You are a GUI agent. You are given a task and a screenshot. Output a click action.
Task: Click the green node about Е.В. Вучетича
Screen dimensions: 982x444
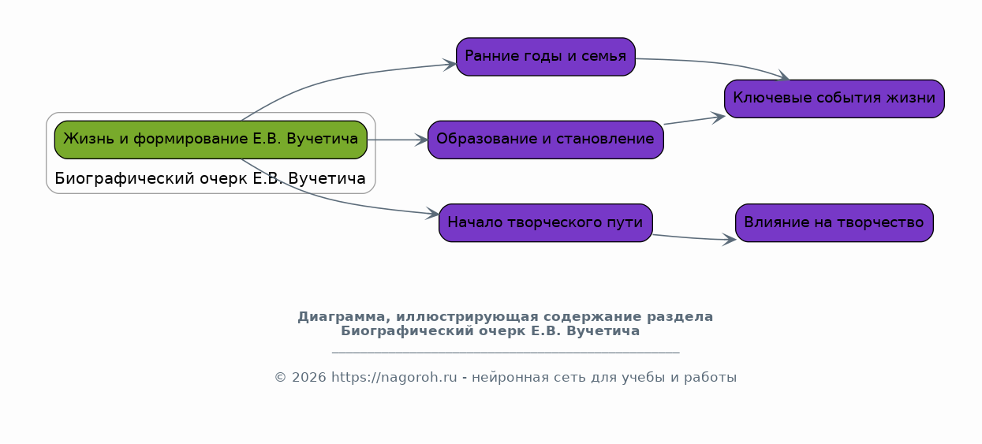pyautogui.click(x=211, y=140)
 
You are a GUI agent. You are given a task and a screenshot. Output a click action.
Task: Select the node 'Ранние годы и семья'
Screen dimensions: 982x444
pyautogui.click(x=545, y=57)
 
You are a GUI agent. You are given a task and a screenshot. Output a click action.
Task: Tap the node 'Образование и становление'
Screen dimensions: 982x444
pyautogui.click(x=545, y=140)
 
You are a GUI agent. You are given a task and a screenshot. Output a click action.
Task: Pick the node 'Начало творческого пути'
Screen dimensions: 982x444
pyautogui.click(x=545, y=222)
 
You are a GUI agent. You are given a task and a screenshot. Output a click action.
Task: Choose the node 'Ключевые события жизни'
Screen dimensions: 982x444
pyautogui.click(x=835, y=99)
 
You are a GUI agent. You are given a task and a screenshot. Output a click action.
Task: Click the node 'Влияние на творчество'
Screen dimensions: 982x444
pyautogui.click(x=835, y=222)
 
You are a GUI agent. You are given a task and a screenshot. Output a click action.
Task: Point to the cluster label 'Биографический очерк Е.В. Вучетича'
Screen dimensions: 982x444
pyautogui.click(x=210, y=178)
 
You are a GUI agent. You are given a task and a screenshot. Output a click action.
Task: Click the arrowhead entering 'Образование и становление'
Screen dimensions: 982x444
pyautogui.click(x=421, y=140)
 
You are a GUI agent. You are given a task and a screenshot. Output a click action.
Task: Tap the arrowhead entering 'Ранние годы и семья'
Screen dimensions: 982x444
pyautogui.click(x=450, y=65)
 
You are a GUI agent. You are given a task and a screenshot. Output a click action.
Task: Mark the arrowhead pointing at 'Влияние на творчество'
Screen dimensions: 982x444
pyautogui.click(x=729, y=240)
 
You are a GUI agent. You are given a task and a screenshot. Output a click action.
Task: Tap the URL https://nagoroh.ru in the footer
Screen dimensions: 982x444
pyautogui.click(x=394, y=377)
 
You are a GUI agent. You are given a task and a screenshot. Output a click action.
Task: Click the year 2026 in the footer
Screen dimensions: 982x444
pyautogui.click(x=309, y=378)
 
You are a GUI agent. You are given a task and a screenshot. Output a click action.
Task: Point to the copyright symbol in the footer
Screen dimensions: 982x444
pyautogui.click(x=281, y=378)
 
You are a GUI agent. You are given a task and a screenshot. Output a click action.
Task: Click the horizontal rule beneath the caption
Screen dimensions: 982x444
pyautogui.click(x=506, y=352)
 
